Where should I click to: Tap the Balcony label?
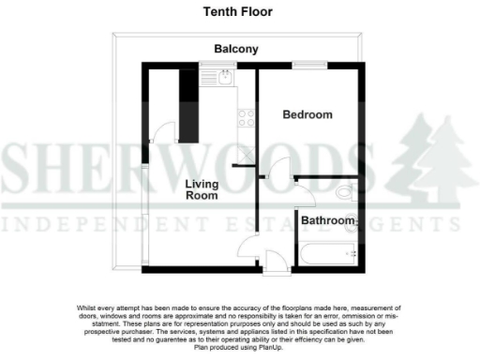[x=235, y=49]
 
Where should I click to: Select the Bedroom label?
[x=308, y=114]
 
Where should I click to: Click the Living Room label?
[x=202, y=189]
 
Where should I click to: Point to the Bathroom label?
[x=328, y=221]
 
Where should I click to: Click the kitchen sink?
[x=228, y=79]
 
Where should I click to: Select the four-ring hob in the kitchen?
[x=247, y=117]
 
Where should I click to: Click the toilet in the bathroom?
[x=344, y=192]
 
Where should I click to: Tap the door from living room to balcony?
[x=158, y=132]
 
